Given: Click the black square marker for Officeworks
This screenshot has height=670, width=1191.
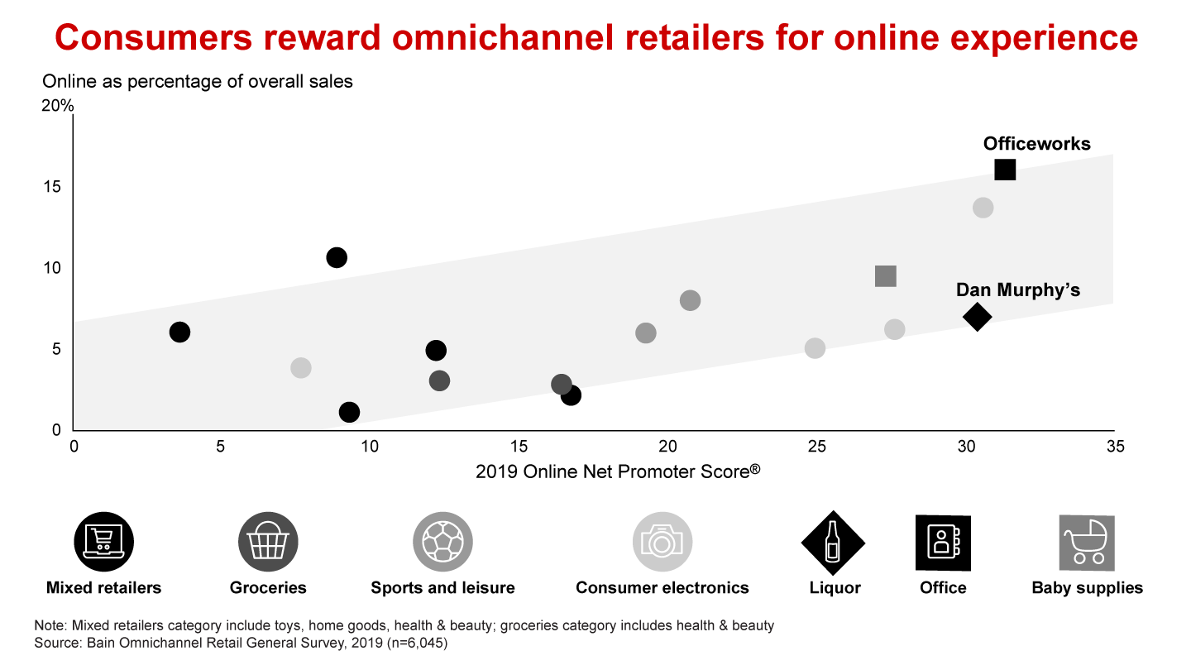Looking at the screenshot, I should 1005,170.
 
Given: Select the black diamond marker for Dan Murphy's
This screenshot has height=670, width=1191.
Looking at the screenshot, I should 977,317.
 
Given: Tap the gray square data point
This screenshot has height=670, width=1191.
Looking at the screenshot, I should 885,276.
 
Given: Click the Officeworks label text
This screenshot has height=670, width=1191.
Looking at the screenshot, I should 1036,144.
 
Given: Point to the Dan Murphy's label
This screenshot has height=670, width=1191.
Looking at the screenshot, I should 1018,290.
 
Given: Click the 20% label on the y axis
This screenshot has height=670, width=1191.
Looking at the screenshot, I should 58,106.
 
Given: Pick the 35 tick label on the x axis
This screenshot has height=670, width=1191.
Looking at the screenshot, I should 1114,447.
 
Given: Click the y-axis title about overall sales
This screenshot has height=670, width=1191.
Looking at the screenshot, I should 198,81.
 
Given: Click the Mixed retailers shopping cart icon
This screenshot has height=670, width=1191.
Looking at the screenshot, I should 103,543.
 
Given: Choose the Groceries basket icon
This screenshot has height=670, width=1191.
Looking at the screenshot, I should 268,543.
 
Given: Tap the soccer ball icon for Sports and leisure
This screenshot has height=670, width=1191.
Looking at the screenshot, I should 442,543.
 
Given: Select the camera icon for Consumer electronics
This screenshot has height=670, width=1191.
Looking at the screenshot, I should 662,543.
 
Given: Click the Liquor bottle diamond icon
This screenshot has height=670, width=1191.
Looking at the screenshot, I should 834,543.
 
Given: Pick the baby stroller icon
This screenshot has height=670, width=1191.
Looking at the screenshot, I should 1087,543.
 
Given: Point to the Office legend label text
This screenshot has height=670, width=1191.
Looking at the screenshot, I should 943,588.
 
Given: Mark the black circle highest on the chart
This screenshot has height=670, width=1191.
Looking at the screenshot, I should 337,257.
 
